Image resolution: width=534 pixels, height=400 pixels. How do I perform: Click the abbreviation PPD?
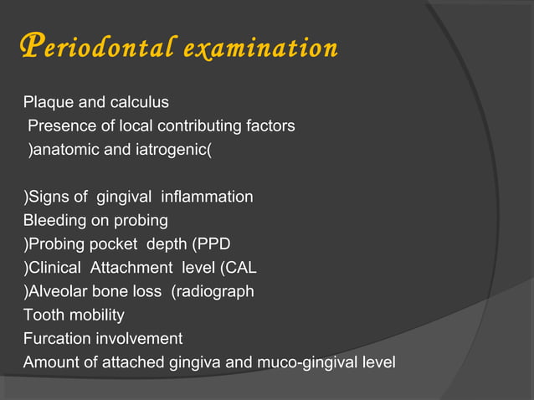click(x=212, y=244)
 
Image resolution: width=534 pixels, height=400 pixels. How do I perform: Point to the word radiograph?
click(x=216, y=292)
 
